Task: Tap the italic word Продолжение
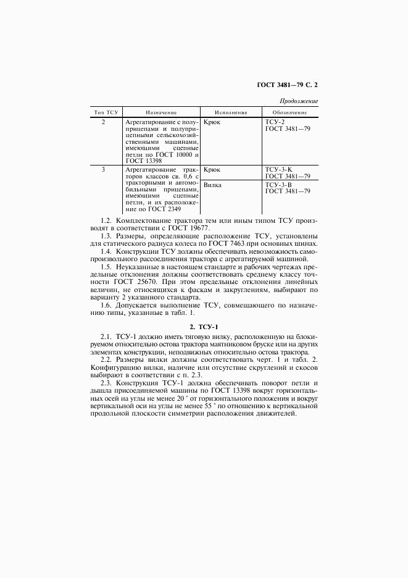pyautogui.click(x=299, y=101)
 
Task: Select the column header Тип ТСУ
pyautogui.click(x=106, y=112)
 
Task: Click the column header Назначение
pyautogui.click(x=162, y=112)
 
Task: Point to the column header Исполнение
pyautogui.click(x=231, y=112)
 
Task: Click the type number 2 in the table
pyautogui.click(x=104, y=122)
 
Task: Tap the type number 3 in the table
pyautogui.click(x=104, y=169)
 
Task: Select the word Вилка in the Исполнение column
pyautogui.click(x=213, y=185)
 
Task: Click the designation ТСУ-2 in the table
pyautogui.click(x=275, y=122)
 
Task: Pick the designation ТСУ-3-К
pyautogui.click(x=279, y=169)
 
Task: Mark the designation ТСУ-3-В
pyautogui.click(x=279, y=185)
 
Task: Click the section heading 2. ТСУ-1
pyautogui.click(x=204, y=325)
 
